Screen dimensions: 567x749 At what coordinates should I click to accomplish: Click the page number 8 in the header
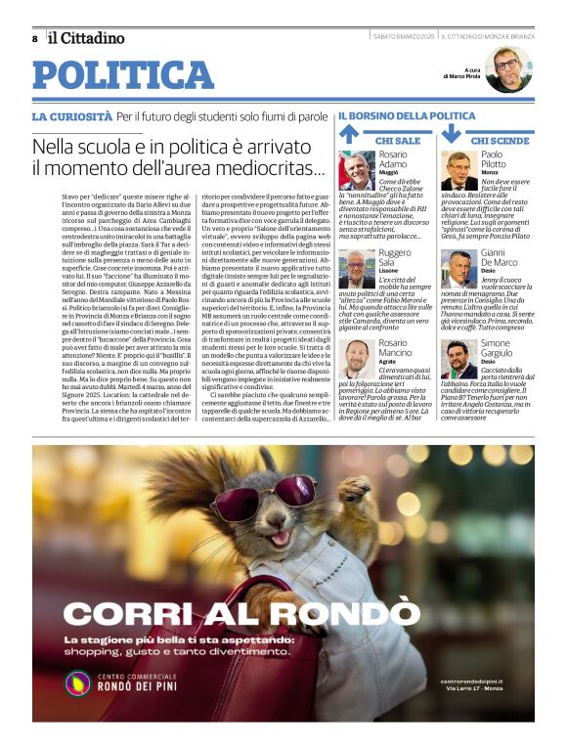(x=35, y=38)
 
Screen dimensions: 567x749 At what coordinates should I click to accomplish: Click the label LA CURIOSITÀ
(x=71, y=117)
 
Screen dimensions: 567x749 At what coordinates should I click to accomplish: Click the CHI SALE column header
(x=398, y=141)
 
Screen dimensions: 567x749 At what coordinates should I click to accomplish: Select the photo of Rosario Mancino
(x=358, y=360)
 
